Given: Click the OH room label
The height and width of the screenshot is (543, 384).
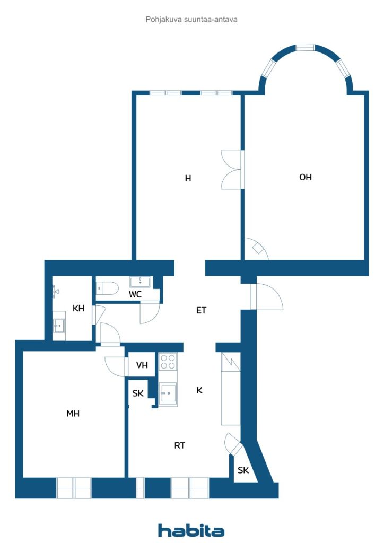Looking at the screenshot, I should tap(305, 178).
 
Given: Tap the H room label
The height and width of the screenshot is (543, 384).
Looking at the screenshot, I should tap(188, 179).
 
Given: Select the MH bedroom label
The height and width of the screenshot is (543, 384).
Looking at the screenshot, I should tap(73, 414).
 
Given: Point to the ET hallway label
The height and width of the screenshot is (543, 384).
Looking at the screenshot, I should tap(201, 311).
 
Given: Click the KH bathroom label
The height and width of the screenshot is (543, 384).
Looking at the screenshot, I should tap(78, 309).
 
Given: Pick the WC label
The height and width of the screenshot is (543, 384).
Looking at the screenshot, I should tap(135, 294).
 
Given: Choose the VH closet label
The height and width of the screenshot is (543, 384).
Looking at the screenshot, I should tap(142, 365).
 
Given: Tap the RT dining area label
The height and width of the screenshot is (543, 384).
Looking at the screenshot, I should tap(180, 446).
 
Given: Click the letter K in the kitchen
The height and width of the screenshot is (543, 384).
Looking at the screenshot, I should tap(199, 390).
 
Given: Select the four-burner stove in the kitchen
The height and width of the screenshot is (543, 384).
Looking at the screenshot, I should tap(168, 362).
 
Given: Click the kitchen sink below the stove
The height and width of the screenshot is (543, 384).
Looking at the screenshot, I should tap(168, 394).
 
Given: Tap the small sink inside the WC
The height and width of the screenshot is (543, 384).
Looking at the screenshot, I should tap(141, 282).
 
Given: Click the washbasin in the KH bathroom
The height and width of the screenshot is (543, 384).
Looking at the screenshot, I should tap(59, 326).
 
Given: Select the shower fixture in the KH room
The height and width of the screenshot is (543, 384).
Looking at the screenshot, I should tap(55, 291).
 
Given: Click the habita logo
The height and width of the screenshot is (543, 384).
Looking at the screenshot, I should tap(191, 530).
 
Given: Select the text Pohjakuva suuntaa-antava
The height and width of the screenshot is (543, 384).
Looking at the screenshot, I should tap(191, 19).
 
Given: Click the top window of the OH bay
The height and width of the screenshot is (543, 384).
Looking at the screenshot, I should tap(305, 48).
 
